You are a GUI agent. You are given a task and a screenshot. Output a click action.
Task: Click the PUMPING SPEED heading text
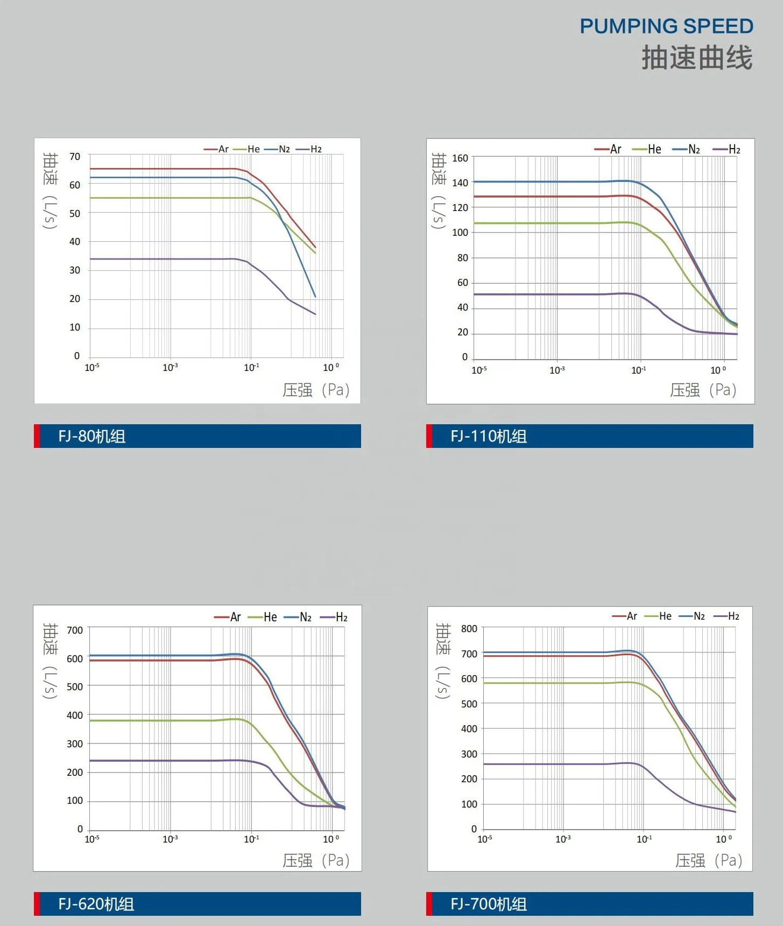pyautogui.click(x=666, y=26)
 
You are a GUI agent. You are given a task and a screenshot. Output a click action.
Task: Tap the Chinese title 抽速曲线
pyautogui.click(x=697, y=58)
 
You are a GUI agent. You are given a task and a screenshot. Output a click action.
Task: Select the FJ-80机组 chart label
pyautogui.click(x=92, y=436)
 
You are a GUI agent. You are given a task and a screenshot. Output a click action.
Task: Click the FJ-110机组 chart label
pyautogui.click(x=489, y=436)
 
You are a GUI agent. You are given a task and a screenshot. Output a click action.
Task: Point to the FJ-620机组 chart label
pyautogui.click(x=96, y=904)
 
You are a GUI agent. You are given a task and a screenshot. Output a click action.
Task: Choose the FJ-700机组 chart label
pyautogui.click(x=489, y=904)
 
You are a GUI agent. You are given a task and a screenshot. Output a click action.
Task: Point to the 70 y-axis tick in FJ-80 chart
pyautogui.click(x=75, y=157)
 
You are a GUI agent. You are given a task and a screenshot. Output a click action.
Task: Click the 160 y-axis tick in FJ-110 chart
pyautogui.click(x=460, y=158)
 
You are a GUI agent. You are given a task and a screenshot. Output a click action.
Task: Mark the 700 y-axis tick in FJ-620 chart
pyautogui.click(x=75, y=630)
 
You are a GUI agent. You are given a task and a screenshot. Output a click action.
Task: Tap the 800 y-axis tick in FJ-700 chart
pyautogui.click(x=469, y=629)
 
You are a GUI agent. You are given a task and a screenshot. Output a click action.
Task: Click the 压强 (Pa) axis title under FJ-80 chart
pyautogui.click(x=316, y=390)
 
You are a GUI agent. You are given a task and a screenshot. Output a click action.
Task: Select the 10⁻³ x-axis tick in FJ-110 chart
pyautogui.click(x=557, y=370)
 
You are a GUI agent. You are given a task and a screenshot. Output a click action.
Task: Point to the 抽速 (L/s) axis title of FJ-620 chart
pyautogui.click(x=50, y=661)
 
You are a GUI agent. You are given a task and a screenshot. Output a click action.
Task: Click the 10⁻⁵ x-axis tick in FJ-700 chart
pyautogui.click(x=484, y=839)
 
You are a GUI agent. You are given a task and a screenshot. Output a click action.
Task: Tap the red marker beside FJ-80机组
pyautogui.click(x=37, y=436)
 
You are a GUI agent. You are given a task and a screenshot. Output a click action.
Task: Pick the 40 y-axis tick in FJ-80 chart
pyautogui.click(x=75, y=242)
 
